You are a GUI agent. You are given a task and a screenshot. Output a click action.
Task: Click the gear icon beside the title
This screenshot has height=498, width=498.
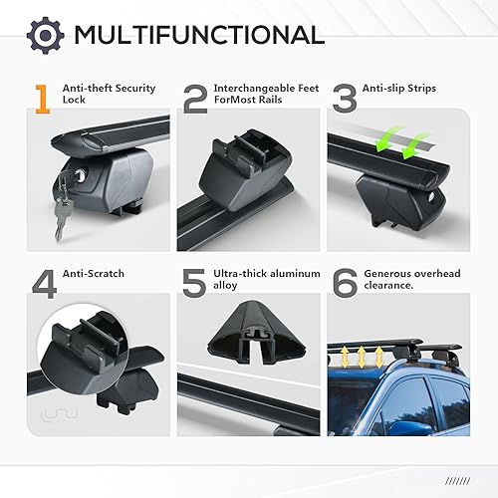pyautogui.click(x=43, y=35)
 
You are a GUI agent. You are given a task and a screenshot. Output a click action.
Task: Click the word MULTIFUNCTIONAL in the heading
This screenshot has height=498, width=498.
pyautogui.click(x=198, y=35)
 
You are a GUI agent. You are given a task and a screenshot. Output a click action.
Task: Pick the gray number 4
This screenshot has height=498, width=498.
pyautogui.click(x=44, y=283)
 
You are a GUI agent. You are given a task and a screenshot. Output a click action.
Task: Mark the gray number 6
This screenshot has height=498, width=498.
pyautogui.click(x=347, y=283)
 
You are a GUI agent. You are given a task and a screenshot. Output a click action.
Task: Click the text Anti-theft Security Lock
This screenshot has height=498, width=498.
pyautogui.click(x=108, y=96)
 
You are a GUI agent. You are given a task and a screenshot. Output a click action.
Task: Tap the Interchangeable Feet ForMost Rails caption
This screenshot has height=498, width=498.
pyautogui.click(x=261, y=96)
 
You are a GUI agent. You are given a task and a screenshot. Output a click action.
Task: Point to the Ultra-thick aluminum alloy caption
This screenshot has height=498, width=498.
pyautogui.click(x=263, y=280)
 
